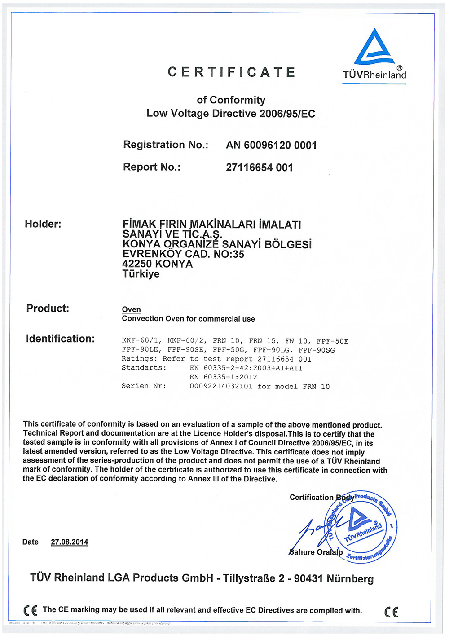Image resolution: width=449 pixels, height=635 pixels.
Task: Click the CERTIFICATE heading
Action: [x=232, y=72]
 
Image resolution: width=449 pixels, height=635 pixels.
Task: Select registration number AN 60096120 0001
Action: [x=271, y=146]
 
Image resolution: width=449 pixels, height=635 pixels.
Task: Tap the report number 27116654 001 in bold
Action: [x=260, y=168]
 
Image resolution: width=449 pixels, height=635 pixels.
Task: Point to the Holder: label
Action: [x=43, y=224]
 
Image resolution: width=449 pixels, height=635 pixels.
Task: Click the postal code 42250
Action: [x=137, y=264]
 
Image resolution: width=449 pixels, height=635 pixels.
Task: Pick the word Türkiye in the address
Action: [x=141, y=274]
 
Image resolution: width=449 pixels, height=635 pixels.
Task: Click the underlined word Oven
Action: [x=132, y=309]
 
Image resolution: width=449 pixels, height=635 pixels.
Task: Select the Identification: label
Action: [x=60, y=339]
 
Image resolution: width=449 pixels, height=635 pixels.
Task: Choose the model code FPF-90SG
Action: [x=317, y=350]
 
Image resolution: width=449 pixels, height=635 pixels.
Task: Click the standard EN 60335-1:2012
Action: [x=223, y=377]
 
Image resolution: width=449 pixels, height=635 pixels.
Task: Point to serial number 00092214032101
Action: [x=221, y=386]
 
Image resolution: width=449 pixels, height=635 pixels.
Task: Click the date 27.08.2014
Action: [x=70, y=542]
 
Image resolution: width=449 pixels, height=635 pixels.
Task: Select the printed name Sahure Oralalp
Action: [x=316, y=552]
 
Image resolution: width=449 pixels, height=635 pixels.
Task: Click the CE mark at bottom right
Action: [x=392, y=612]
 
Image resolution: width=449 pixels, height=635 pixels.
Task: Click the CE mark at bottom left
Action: [x=31, y=610]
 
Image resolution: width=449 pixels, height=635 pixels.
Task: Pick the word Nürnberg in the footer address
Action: [x=350, y=578]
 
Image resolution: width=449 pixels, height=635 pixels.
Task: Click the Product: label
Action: [x=48, y=309]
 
